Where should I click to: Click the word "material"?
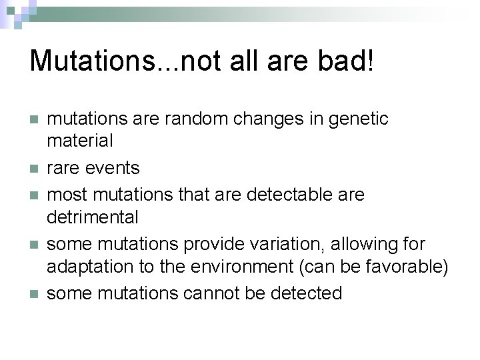click(80, 141)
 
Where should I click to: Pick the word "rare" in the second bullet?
click(64, 167)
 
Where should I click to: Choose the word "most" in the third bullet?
click(67, 195)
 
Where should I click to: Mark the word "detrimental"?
click(93, 217)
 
